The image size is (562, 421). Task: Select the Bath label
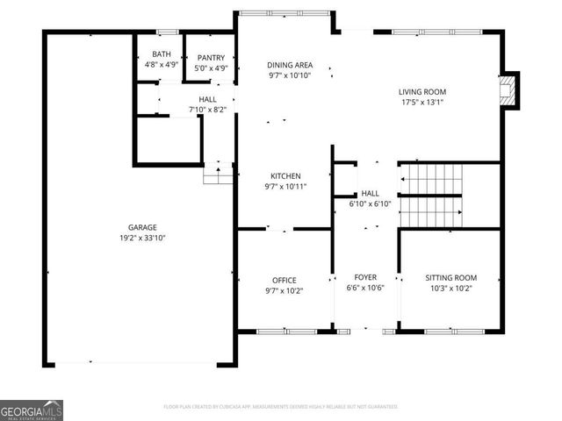pos(162,55)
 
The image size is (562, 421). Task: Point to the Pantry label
pos(211,58)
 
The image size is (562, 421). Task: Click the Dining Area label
pos(290,65)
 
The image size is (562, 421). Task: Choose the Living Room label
pos(422,91)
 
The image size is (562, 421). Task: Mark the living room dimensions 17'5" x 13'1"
pos(422,102)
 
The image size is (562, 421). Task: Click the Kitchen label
pos(285,175)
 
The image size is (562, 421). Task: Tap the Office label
pos(284,281)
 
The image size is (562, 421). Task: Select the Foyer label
pos(365,277)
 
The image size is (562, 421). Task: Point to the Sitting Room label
pos(451,277)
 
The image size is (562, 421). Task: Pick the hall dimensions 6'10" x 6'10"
pos(370,203)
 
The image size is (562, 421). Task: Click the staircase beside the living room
pos(430,195)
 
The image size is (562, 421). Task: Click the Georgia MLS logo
pos(32,410)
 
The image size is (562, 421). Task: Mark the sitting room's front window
pos(450,331)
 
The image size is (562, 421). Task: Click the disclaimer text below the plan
pos(281,407)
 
